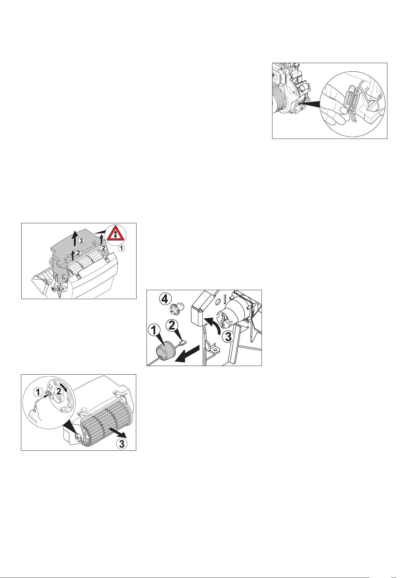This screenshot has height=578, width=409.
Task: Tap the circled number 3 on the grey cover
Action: tap(81, 241)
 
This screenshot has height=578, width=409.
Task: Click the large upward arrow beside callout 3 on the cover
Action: tap(75, 239)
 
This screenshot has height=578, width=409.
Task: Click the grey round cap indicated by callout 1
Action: tap(165, 350)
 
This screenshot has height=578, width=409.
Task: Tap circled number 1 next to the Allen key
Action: tap(38, 392)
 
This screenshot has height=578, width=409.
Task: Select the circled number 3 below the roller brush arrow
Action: tap(121, 444)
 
